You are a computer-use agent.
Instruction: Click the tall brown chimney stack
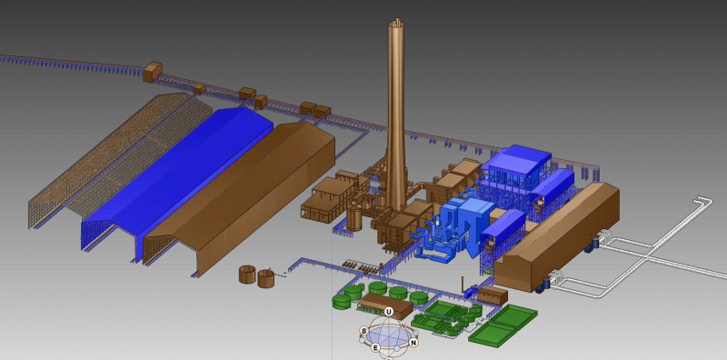[396, 118]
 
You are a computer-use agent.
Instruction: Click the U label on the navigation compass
[388, 312]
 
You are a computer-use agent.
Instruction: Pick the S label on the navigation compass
[363, 331]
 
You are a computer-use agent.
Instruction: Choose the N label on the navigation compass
[413, 343]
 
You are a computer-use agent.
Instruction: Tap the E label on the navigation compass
[375, 346]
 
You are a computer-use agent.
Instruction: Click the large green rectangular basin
[503, 325]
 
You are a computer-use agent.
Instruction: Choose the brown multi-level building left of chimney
[332, 195]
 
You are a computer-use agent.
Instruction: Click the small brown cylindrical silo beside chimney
[354, 217]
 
